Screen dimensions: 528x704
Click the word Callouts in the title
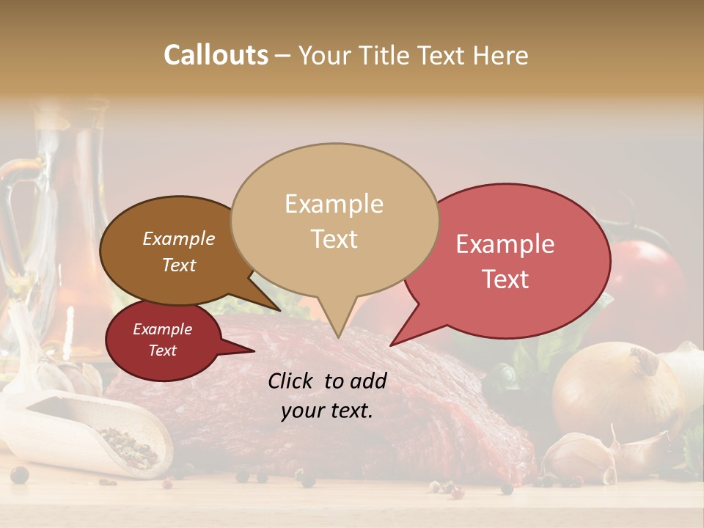[x=216, y=55]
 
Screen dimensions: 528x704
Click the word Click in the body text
[x=292, y=381]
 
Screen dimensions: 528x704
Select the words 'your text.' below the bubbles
[x=327, y=411]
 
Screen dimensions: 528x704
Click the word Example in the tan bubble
[x=334, y=204]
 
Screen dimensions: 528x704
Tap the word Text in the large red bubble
[x=506, y=279]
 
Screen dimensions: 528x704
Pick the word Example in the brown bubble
[x=178, y=238]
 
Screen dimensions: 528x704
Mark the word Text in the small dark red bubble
[x=162, y=351]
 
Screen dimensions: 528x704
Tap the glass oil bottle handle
[x=18, y=220]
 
